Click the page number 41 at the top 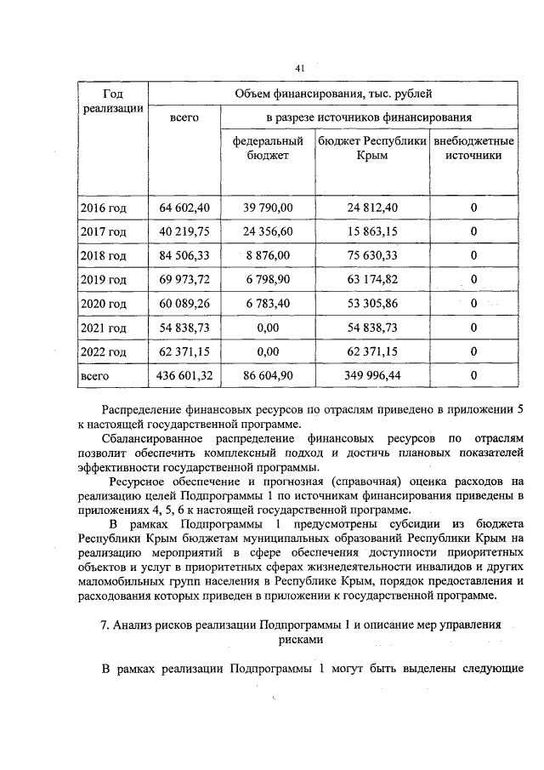300,68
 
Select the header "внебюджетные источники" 473,148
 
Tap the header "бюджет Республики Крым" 372,148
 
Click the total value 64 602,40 184,208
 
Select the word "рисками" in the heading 302,638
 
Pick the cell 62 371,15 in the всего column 184,351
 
